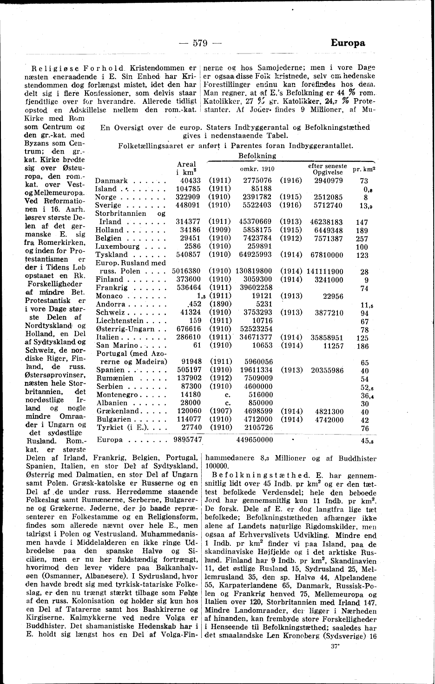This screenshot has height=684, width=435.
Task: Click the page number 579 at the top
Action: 199,43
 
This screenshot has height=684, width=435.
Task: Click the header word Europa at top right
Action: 348,43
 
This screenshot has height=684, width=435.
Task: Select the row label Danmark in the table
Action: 112,181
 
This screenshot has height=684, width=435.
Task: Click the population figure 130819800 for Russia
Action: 254,271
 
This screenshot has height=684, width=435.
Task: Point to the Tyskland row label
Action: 112,255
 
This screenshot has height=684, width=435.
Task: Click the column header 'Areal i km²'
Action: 186,168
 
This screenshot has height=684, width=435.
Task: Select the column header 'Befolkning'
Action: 257,155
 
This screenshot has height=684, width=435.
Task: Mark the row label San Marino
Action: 117,345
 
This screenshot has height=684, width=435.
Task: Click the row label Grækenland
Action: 118,411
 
